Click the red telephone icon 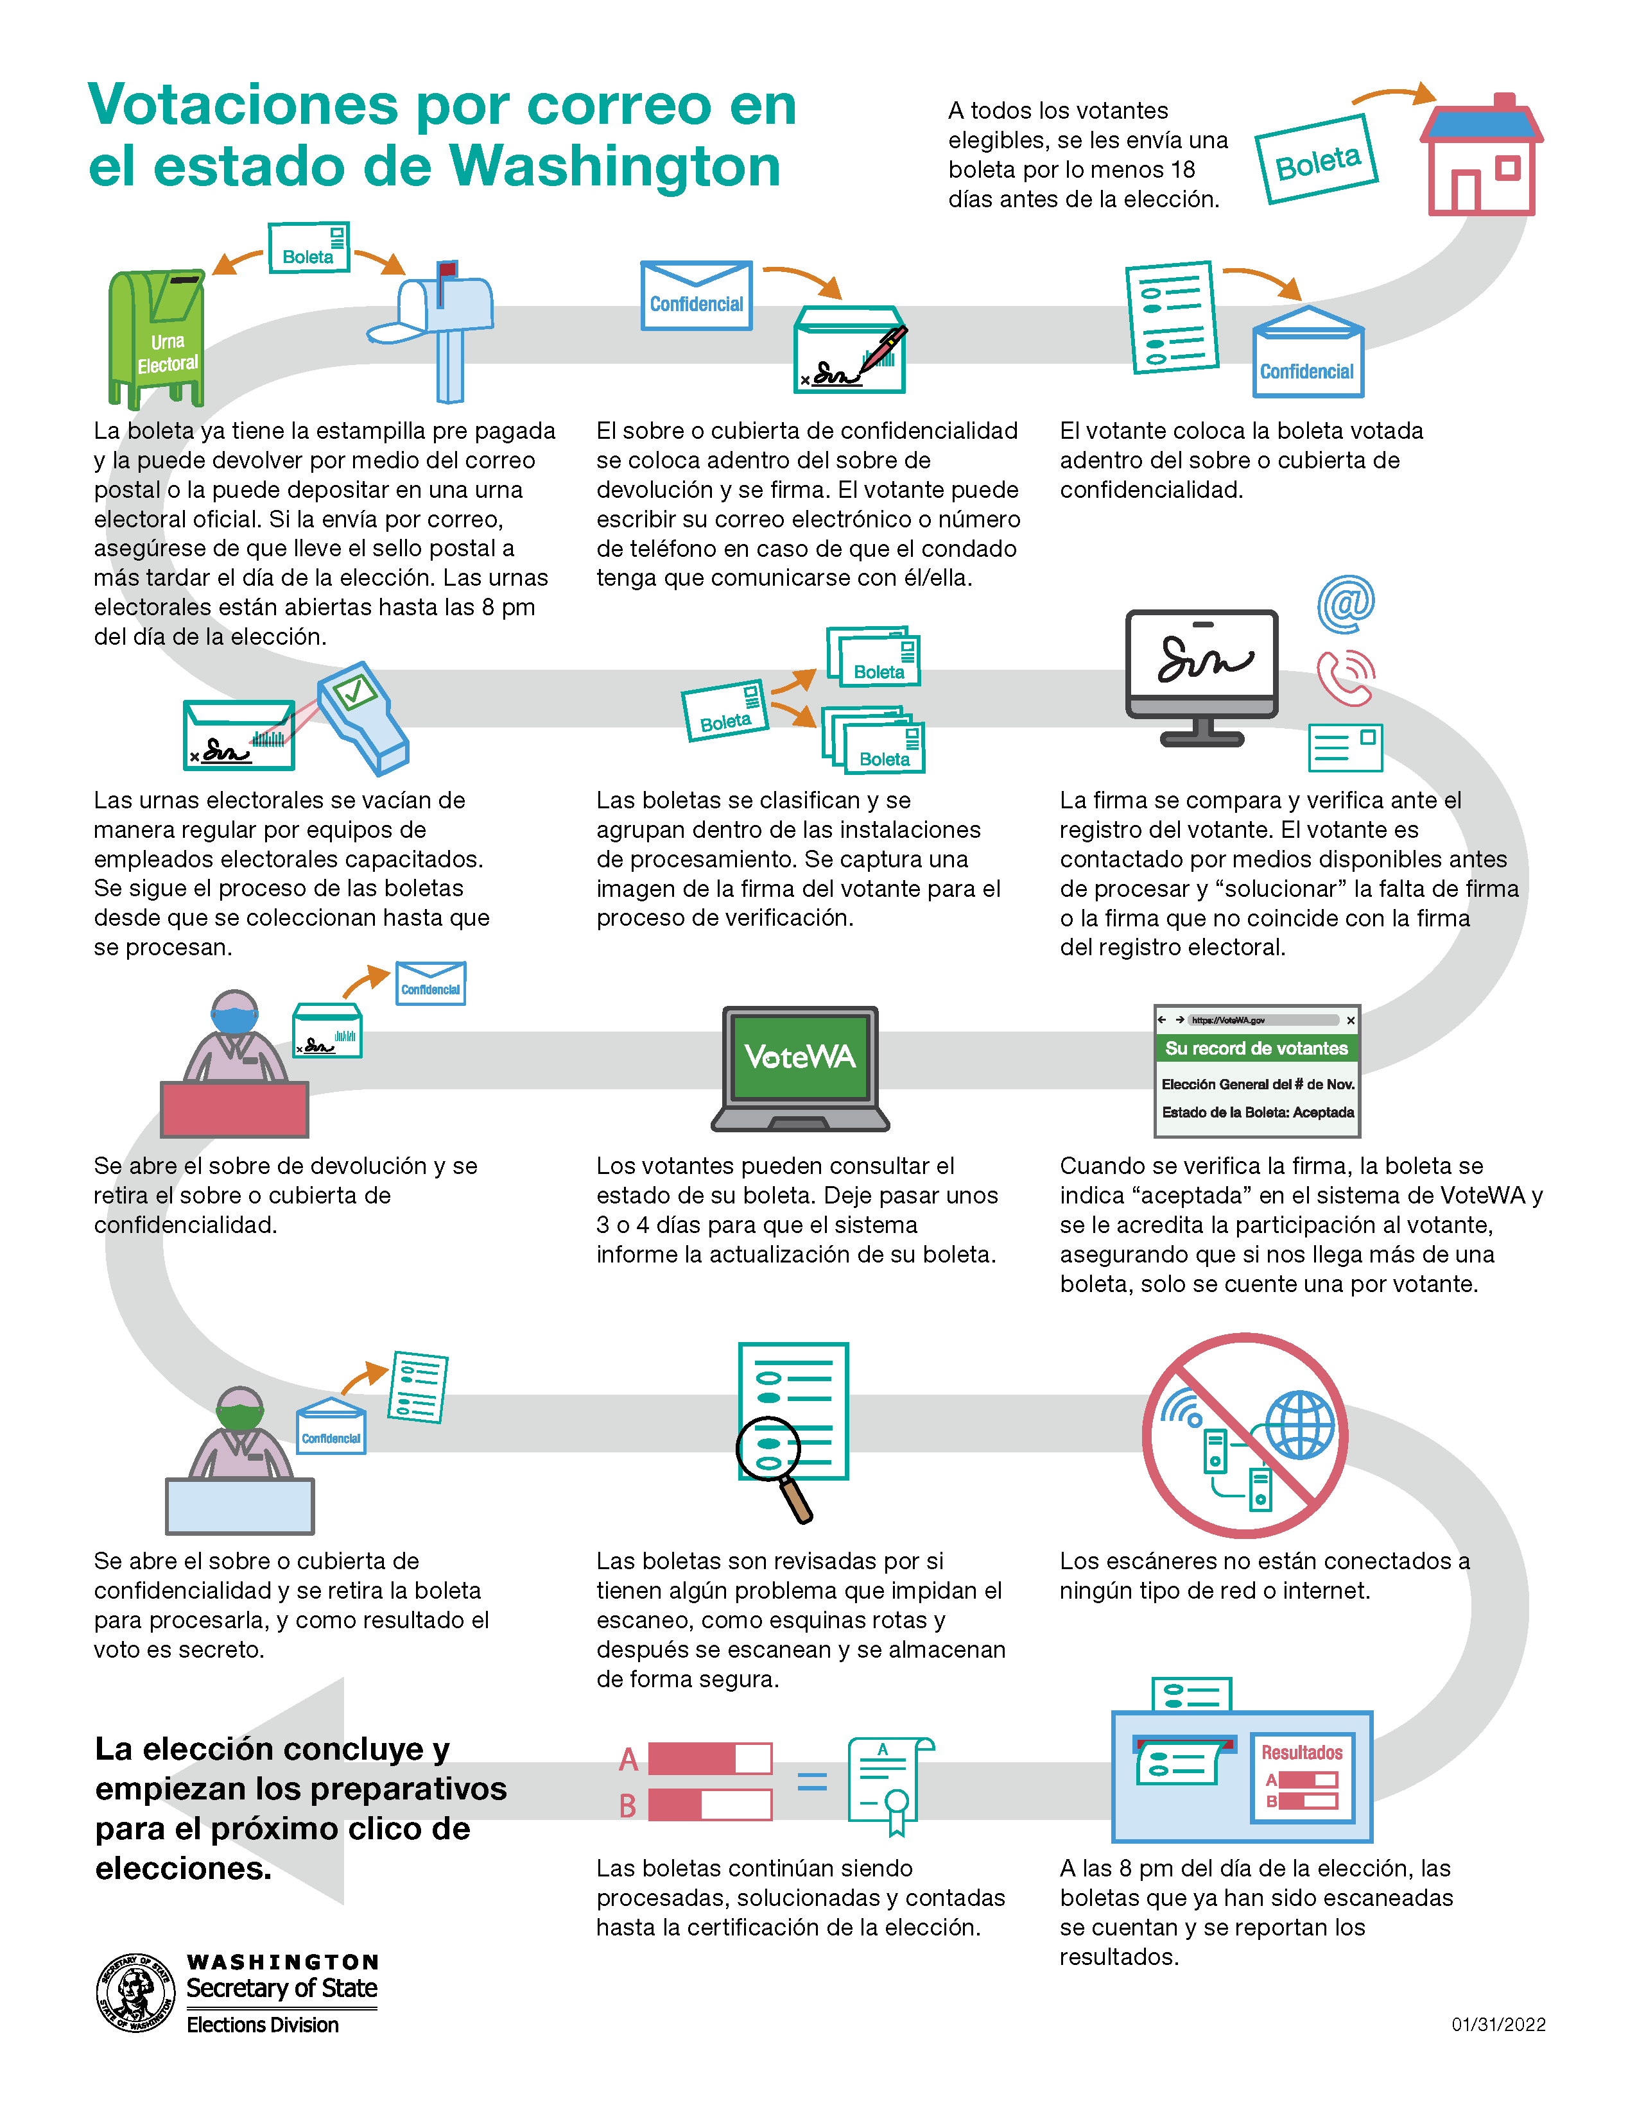click(x=1345, y=677)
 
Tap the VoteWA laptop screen click(x=800, y=1057)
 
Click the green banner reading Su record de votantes click(x=1257, y=1048)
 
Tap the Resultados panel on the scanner click(x=1301, y=1778)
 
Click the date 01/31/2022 click(x=1498, y=2024)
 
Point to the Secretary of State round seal click(x=135, y=1993)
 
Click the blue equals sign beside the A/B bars click(x=811, y=1781)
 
